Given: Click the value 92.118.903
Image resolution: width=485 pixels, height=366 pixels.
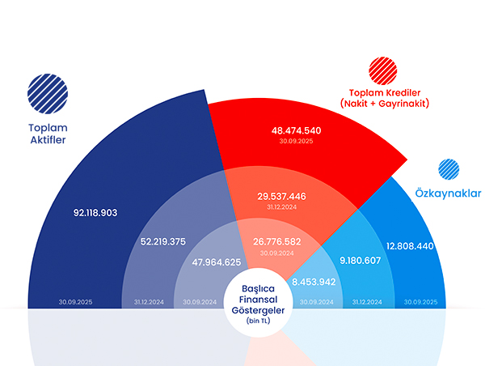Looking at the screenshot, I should click(95, 213).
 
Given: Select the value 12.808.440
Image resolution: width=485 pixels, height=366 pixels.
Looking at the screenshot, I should click(411, 246).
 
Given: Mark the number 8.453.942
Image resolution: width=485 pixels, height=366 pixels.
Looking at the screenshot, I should click(314, 282).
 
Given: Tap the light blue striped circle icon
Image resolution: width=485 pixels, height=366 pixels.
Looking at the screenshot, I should click(449, 168).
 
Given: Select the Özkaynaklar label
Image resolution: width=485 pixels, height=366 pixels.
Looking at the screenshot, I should click(447, 194).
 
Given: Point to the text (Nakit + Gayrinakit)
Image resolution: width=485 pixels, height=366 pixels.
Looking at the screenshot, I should click(385, 104).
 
